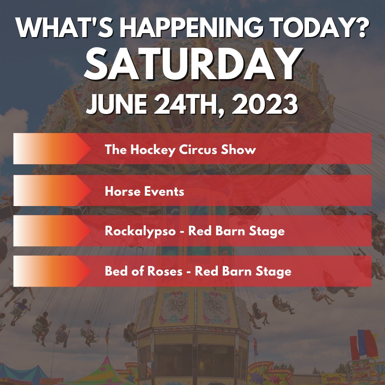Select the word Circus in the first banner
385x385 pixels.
(x=196, y=149)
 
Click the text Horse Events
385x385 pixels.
(x=144, y=192)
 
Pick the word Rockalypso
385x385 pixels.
(x=140, y=231)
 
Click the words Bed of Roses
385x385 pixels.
(x=144, y=272)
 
